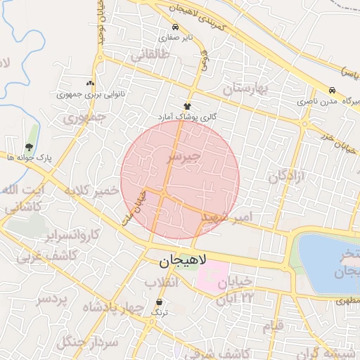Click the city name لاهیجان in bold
point(179,262)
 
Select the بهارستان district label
point(245,89)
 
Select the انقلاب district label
point(162,283)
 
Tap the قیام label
point(272,327)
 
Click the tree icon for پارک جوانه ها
point(29,147)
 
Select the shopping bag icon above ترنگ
point(161,304)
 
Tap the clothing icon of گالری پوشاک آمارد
point(188,105)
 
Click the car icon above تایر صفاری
point(174,27)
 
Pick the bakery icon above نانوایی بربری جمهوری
point(89,83)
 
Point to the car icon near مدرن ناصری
point(331,91)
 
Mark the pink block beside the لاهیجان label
point(214,276)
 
